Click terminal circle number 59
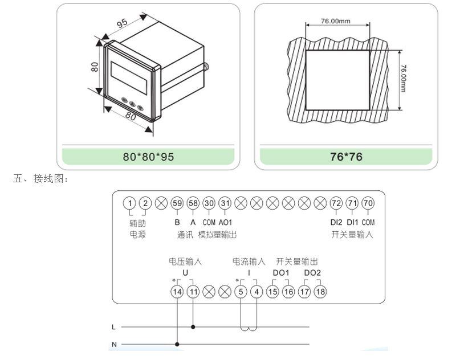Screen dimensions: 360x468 click(177, 203)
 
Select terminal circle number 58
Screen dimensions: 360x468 click(193, 203)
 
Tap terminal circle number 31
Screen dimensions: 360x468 click(225, 203)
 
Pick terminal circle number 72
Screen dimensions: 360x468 click(336, 203)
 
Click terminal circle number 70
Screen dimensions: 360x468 click(368, 203)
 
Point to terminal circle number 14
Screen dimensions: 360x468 click(177, 292)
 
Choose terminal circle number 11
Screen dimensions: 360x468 click(193, 292)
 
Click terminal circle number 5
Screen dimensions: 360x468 click(241, 292)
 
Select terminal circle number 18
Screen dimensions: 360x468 click(320, 292)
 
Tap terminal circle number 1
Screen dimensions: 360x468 click(130, 203)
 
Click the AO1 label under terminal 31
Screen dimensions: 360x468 click(226, 222)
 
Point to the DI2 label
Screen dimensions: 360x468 click(336, 222)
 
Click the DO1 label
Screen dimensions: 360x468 click(281, 273)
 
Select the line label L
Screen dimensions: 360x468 click(114, 328)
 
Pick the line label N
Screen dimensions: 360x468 click(114, 344)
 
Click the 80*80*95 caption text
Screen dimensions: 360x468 click(148, 157)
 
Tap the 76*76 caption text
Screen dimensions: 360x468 click(346, 157)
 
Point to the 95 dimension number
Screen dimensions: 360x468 click(122, 24)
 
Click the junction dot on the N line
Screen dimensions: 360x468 click(177, 344)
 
